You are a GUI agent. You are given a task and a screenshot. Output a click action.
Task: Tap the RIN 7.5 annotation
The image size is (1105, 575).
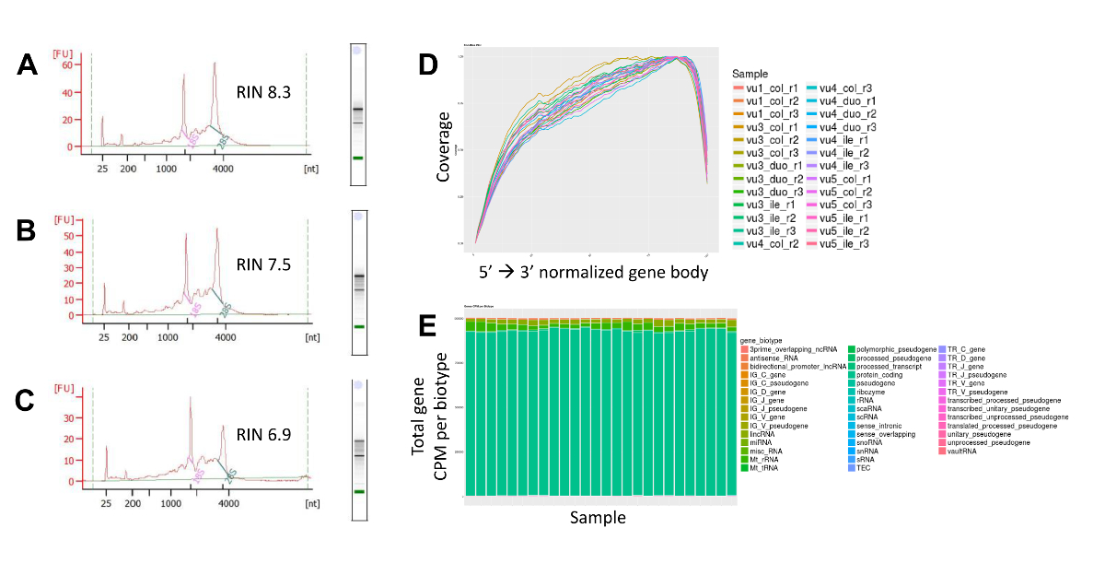pyautogui.click(x=262, y=264)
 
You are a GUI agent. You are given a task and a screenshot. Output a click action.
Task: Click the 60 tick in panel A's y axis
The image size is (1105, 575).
pyautogui.click(x=68, y=65)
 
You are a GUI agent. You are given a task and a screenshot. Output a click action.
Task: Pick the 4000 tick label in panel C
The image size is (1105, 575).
pyautogui.click(x=228, y=504)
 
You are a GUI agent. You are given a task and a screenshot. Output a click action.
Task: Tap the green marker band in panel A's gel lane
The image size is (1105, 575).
pyautogui.click(x=357, y=158)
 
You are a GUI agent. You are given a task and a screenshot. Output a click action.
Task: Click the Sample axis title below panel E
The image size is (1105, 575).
pyautogui.click(x=598, y=517)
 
